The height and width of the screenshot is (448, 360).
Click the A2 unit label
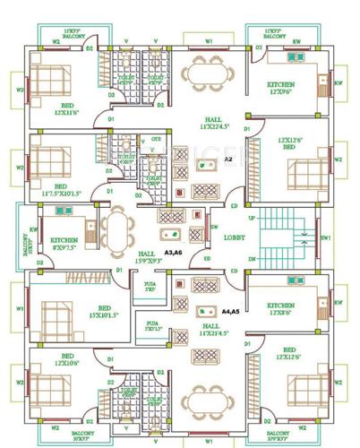click(x=228, y=159)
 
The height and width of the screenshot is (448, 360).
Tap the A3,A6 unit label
click(x=174, y=254)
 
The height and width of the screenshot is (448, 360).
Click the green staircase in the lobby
click(x=286, y=237)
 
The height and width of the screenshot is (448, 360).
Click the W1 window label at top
click(x=208, y=41)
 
